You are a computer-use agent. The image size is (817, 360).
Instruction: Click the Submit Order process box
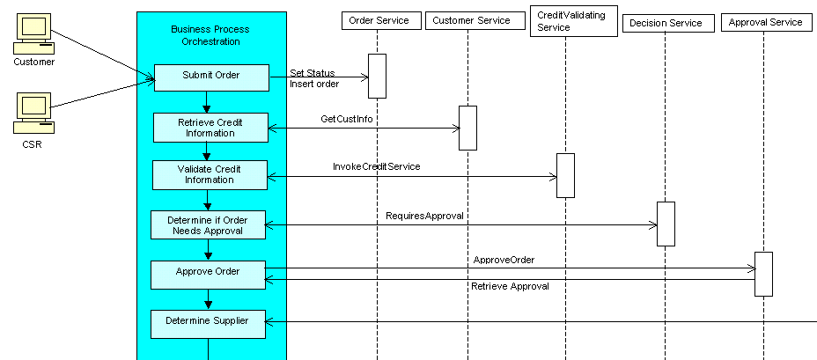pos(211,77)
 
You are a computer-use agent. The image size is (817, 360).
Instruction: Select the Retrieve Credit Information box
pos(210,127)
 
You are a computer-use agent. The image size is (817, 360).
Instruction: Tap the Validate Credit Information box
pos(210,174)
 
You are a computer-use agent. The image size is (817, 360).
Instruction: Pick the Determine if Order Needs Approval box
pos(209,224)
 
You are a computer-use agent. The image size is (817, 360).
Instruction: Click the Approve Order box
pos(209,274)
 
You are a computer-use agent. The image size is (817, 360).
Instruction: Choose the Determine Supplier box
pos(209,323)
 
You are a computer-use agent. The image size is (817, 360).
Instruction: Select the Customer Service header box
pos(469,20)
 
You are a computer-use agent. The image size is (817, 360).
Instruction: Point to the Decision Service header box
pos(666,23)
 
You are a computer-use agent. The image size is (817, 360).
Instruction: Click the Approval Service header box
pos(765,22)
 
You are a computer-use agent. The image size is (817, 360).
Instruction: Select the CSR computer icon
pos(33,113)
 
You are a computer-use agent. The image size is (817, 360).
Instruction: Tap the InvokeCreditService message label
pos(376,166)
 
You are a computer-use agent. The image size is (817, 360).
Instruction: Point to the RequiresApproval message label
pos(424,215)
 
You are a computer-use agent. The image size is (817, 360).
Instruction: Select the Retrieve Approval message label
pos(510,287)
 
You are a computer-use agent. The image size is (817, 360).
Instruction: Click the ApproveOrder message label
pos(504,261)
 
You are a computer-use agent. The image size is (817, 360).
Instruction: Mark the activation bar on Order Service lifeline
pos(377,76)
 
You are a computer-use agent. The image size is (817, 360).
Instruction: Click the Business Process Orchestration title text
pos(209,35)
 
